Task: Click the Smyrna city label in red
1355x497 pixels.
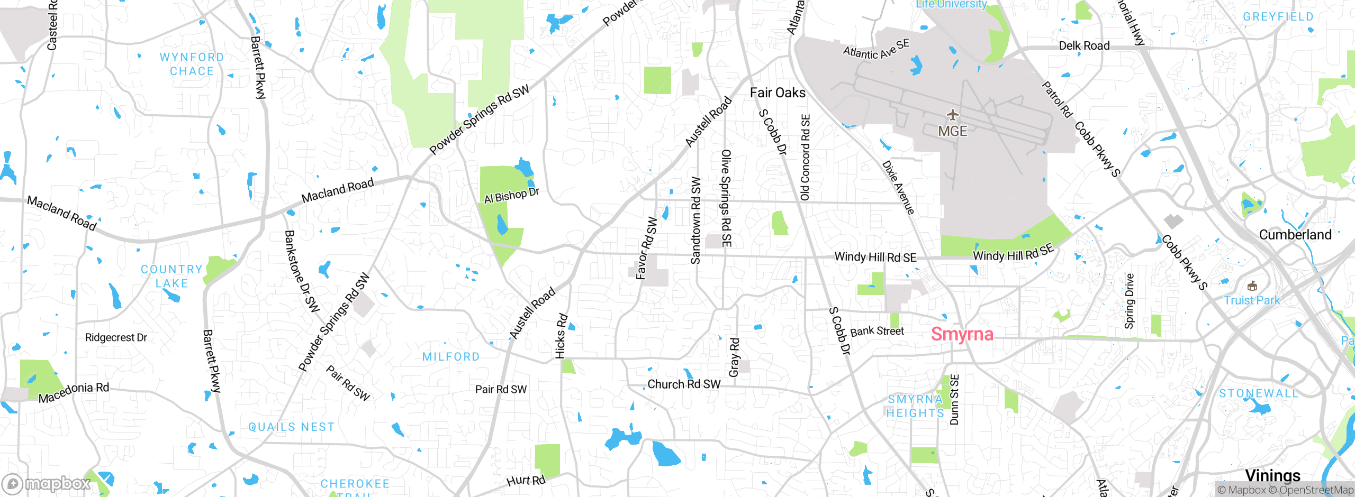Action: pyautogui.click(x=962, y=334)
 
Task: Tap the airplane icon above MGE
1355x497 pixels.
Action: pyautogui.click(x=953, y=115)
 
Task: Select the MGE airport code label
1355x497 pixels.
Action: pyautogui.click(x=953, y=131)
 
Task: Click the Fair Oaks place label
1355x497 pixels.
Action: pyautogui.click(x=778, y=93)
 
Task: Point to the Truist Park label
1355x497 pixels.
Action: pyautogui.click(x=1251, y=300)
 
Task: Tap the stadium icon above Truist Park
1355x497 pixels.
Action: pyautogui.click(x=1252, y=286)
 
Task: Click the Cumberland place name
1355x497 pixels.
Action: pyautogui.click(x=1295, y=235)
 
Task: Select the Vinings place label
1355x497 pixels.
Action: pyautogui.click(x=1272, y=475)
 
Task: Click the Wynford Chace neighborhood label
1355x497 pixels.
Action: pyautogui.click(x=192, y=64)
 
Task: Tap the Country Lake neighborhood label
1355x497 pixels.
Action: pyautogui.click(x=171, y=276)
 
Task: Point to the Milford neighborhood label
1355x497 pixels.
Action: pyautogui.click(x=451, y=357)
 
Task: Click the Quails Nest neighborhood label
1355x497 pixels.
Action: pyautogui.click(x=292, y=427)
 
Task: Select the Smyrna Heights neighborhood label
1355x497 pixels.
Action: pyautogui.click(x=915, y=406)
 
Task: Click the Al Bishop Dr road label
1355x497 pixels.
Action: pyautogui.click(x=511, y=195)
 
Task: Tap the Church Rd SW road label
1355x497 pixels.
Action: pyautogui.click(x=684, y=384)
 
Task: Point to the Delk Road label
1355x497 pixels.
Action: pyautogui.click(x=1084, y=46)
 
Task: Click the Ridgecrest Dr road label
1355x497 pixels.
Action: pyautogui.click(x=116, y=337)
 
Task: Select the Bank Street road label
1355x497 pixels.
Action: pyautogui.click(x=877, y=332)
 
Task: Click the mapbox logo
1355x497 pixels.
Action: pyautogui.click(x=47, y=483)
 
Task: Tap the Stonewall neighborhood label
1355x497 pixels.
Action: pyautogui.click(x=1259, y=393)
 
